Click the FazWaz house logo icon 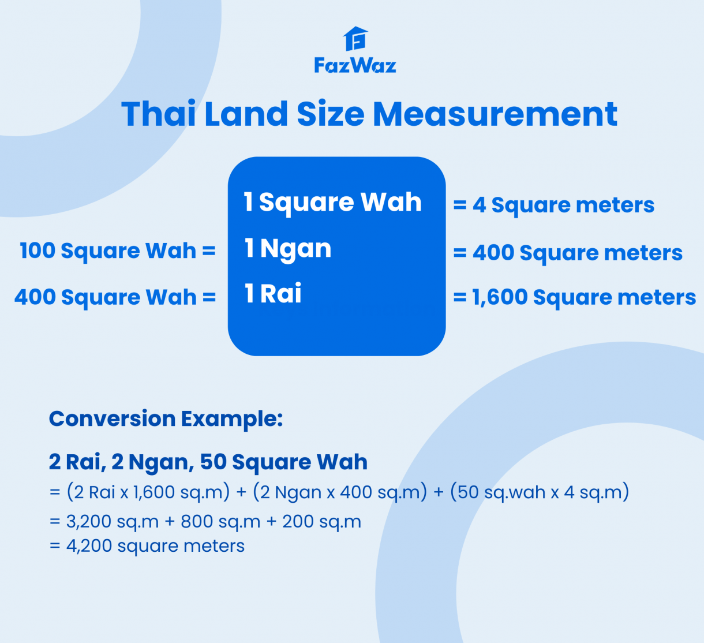pos(355,39)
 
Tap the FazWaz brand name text pos(355,65)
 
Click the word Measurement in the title pos(495,114)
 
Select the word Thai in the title pos(158,114)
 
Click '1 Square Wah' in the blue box pos(333,203)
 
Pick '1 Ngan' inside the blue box pos(288,249)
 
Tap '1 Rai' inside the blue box pos(273,294)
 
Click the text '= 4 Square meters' pos(554,205)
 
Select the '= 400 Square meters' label pos(568,253)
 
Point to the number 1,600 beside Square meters pos(500,297)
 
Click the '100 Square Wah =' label pos(117,251)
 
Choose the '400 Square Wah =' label pos(115,297)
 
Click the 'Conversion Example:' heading pos(166,419)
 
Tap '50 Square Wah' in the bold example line pos(283,462)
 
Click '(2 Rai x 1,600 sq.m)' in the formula pos(148,492)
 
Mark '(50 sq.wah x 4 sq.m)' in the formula pos(540,492)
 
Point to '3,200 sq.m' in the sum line pos(113,522)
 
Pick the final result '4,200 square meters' pos(155,546)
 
